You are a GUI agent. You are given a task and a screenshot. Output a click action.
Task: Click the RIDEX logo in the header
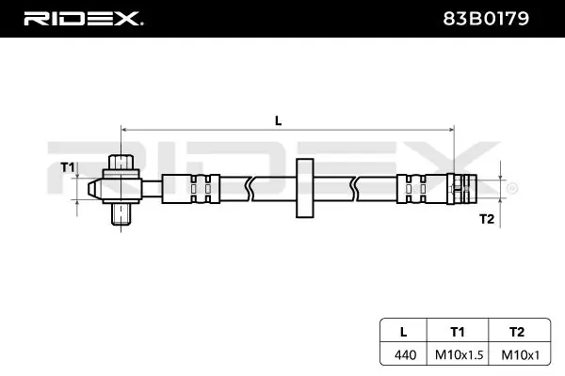pyautogui.click(x=83, y=18)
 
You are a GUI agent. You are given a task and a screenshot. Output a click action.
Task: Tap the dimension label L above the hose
pyautogui.click(x=278, y=119)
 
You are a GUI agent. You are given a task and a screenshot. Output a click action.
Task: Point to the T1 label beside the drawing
pyautogui.click(x=67, y=167)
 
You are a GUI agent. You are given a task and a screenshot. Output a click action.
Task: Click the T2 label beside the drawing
pyautogui.click(x=487, y=218)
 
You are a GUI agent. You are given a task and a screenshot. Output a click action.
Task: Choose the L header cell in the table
pyautogui.click(x=404, y=331)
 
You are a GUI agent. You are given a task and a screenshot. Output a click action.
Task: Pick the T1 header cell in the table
pyautogui.click(x=458, y=331)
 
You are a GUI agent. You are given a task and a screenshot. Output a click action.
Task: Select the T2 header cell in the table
pyautogui.click(x=514, y=331)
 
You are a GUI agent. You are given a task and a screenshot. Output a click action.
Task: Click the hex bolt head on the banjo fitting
pyautogui.click(x=121, y=162)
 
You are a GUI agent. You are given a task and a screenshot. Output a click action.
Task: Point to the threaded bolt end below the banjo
pyautogui.click(x=121, y=219)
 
